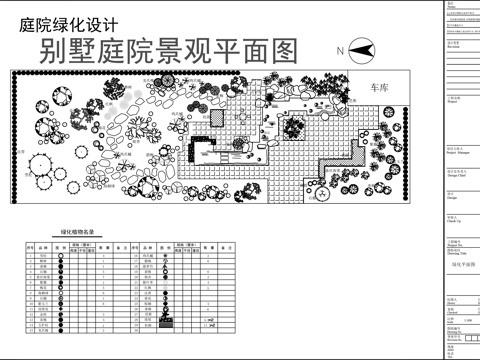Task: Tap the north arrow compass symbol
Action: click(361, 49)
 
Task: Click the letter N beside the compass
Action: click(340, 50)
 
